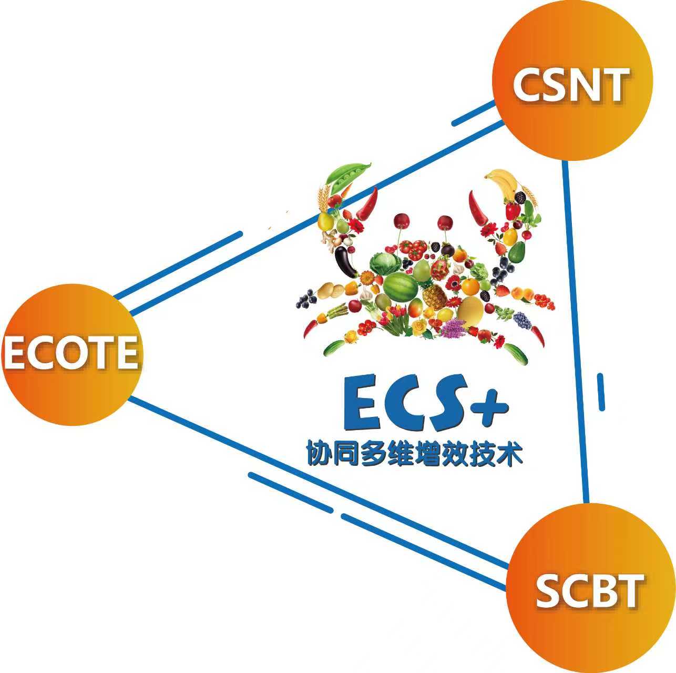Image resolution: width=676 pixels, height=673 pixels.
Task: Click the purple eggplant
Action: tap(345, 261)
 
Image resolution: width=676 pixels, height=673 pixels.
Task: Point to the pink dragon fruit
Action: tap(439, 268)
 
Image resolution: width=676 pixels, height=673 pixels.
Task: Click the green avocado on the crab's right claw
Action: tap(517, 252)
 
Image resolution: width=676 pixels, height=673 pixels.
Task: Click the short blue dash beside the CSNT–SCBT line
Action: tap(601, 392)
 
